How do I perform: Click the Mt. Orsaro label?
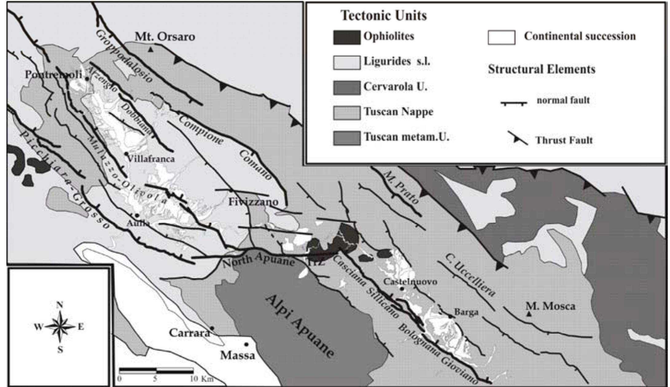tap(165, 37)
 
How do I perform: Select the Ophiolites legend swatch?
tap(347, 37)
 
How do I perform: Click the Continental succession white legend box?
tap(501, 37)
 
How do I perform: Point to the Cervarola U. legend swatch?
tap(347, 88)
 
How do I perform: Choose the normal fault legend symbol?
tap(514, 103)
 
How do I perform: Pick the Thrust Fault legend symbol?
tap(518, 139)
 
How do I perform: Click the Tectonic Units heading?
tap(384, 15)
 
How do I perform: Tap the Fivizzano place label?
tap(253, 202)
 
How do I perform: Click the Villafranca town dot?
tap(126, 153)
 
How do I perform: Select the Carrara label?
tap(189, 333)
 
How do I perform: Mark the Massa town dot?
tap(246, 344)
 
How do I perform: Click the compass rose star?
tap(60, 326)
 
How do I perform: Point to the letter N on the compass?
tap(60, 305)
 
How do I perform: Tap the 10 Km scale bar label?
tap(201, 379)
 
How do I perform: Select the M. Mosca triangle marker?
tap(529, 314)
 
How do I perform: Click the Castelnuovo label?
tap(410, 281)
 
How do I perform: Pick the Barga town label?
tap(466, 312)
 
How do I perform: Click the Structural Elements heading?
tap(541, 69)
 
